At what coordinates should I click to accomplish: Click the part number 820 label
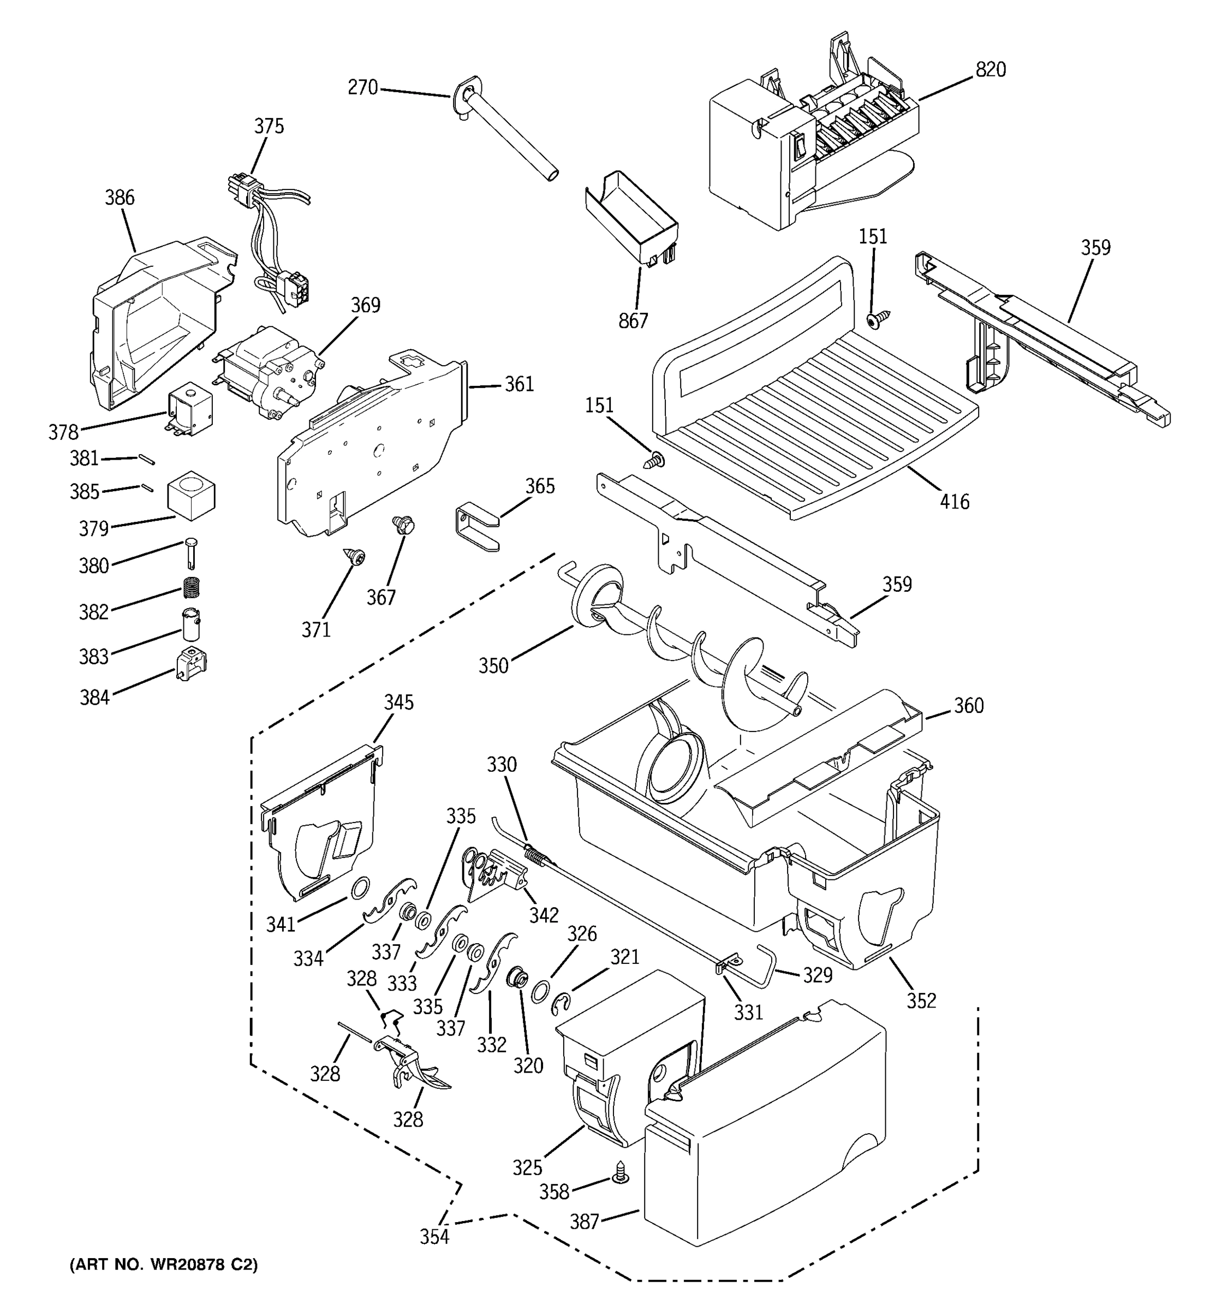[x=990, y=70]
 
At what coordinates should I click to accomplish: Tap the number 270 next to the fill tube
[x=362, y=87]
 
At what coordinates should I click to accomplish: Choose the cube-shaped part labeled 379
[x=191, y=496]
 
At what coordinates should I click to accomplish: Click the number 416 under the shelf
[x=954, y=502]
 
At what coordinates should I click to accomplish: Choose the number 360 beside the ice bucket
[x=968, y=706]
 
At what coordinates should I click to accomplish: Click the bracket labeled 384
[x=191, y=664]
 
